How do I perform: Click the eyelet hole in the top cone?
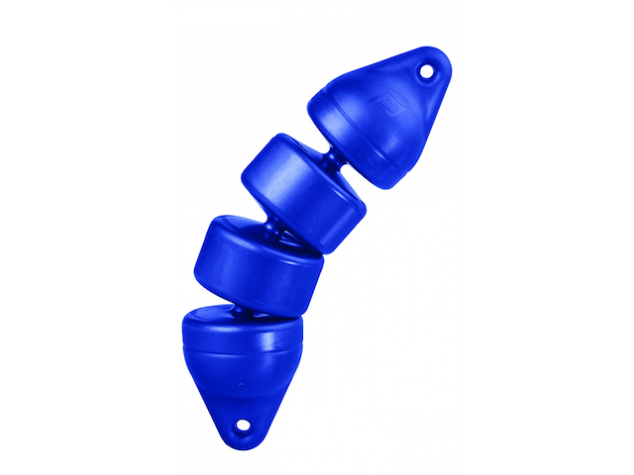427,70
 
